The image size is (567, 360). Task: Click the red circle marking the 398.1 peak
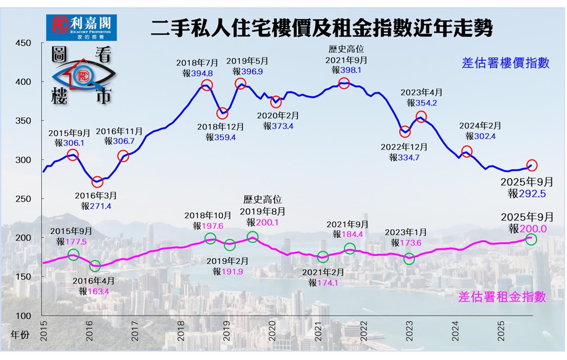pos(344,83)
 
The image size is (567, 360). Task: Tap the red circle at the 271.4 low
pos(97,182)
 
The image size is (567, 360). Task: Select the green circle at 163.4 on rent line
pos(95,265)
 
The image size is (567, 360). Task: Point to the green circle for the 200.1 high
pos(252,237)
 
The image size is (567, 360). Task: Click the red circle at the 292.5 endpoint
pos(532,165)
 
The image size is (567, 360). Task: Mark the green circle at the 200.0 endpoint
pos(531,239)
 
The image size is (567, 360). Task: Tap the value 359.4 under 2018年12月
pos(225,137)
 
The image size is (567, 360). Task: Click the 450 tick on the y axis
pos(23,43)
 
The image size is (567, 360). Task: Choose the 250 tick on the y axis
pos(23,199)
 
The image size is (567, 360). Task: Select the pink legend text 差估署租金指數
pos(502,297)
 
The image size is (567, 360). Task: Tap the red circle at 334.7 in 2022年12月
pos(405,132)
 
